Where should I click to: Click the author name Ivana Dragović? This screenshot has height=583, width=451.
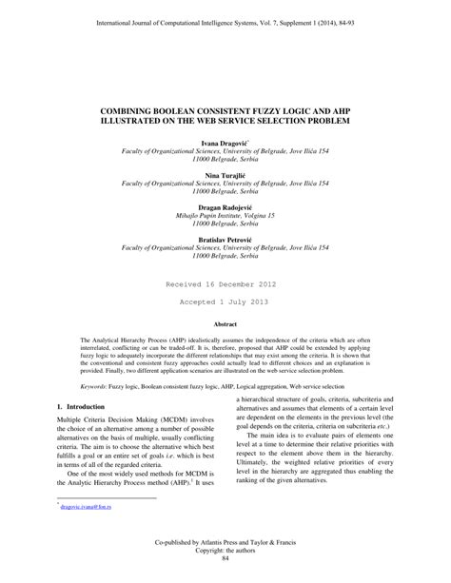(225, 141)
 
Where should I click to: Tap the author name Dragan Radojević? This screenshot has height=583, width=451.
(225, 207)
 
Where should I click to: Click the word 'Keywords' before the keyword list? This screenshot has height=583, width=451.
(98, 386)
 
